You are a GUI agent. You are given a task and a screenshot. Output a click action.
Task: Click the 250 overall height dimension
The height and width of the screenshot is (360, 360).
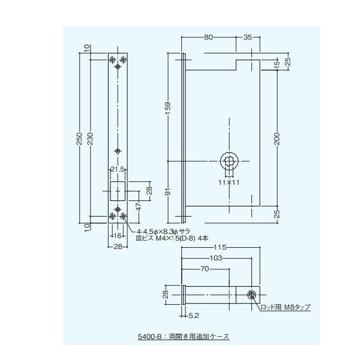[79, 139]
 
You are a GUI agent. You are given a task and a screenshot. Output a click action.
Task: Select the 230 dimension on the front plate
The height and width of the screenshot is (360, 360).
[91, 139]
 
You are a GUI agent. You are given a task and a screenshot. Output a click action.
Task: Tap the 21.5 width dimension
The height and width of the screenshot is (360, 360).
[118, 169]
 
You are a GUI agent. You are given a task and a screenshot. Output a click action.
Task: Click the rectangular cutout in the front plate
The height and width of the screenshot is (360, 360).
[118, 191]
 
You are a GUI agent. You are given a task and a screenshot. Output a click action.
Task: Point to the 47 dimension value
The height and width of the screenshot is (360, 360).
[139, 206]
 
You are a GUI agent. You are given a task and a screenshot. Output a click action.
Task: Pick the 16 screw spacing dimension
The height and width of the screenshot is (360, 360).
[118, 236]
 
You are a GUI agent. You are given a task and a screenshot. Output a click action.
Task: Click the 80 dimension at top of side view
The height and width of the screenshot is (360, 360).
[208, 37]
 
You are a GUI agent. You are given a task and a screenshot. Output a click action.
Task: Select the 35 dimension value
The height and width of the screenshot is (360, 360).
[247, 37]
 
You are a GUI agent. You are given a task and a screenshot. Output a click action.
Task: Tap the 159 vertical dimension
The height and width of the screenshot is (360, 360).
[168, 108]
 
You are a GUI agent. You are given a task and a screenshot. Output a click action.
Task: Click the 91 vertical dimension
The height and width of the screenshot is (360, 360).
[168, 191]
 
